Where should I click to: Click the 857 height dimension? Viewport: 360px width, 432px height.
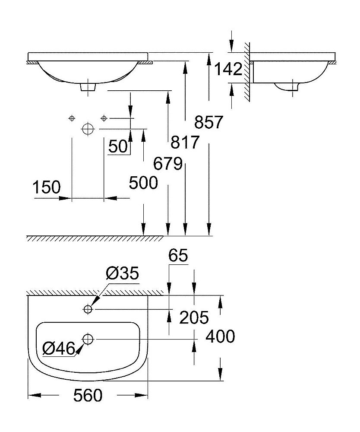coord(208,122)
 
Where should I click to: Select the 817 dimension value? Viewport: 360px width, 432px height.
coord(185,142)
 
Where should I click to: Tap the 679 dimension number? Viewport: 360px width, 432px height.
coord(168,164)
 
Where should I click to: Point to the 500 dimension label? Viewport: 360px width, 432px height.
coord(143,183)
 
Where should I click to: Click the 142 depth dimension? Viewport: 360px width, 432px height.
coord(228,69)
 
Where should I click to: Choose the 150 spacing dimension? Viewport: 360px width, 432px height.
coord(47,187)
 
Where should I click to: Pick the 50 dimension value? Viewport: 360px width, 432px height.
coord(118,146)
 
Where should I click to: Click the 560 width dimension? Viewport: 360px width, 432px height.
coord(88,395)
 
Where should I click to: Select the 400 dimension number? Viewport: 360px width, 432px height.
coord(221,336)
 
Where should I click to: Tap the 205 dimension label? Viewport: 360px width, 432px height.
coord(194,318)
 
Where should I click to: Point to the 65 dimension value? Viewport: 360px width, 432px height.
coord(178,255)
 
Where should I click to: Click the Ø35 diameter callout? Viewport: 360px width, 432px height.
coord(122,273)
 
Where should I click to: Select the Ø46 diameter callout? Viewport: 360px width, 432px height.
coord(59,349)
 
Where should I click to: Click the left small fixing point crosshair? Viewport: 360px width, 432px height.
coord(72,118)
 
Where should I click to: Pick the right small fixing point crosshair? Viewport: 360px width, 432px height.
coord(104,118)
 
